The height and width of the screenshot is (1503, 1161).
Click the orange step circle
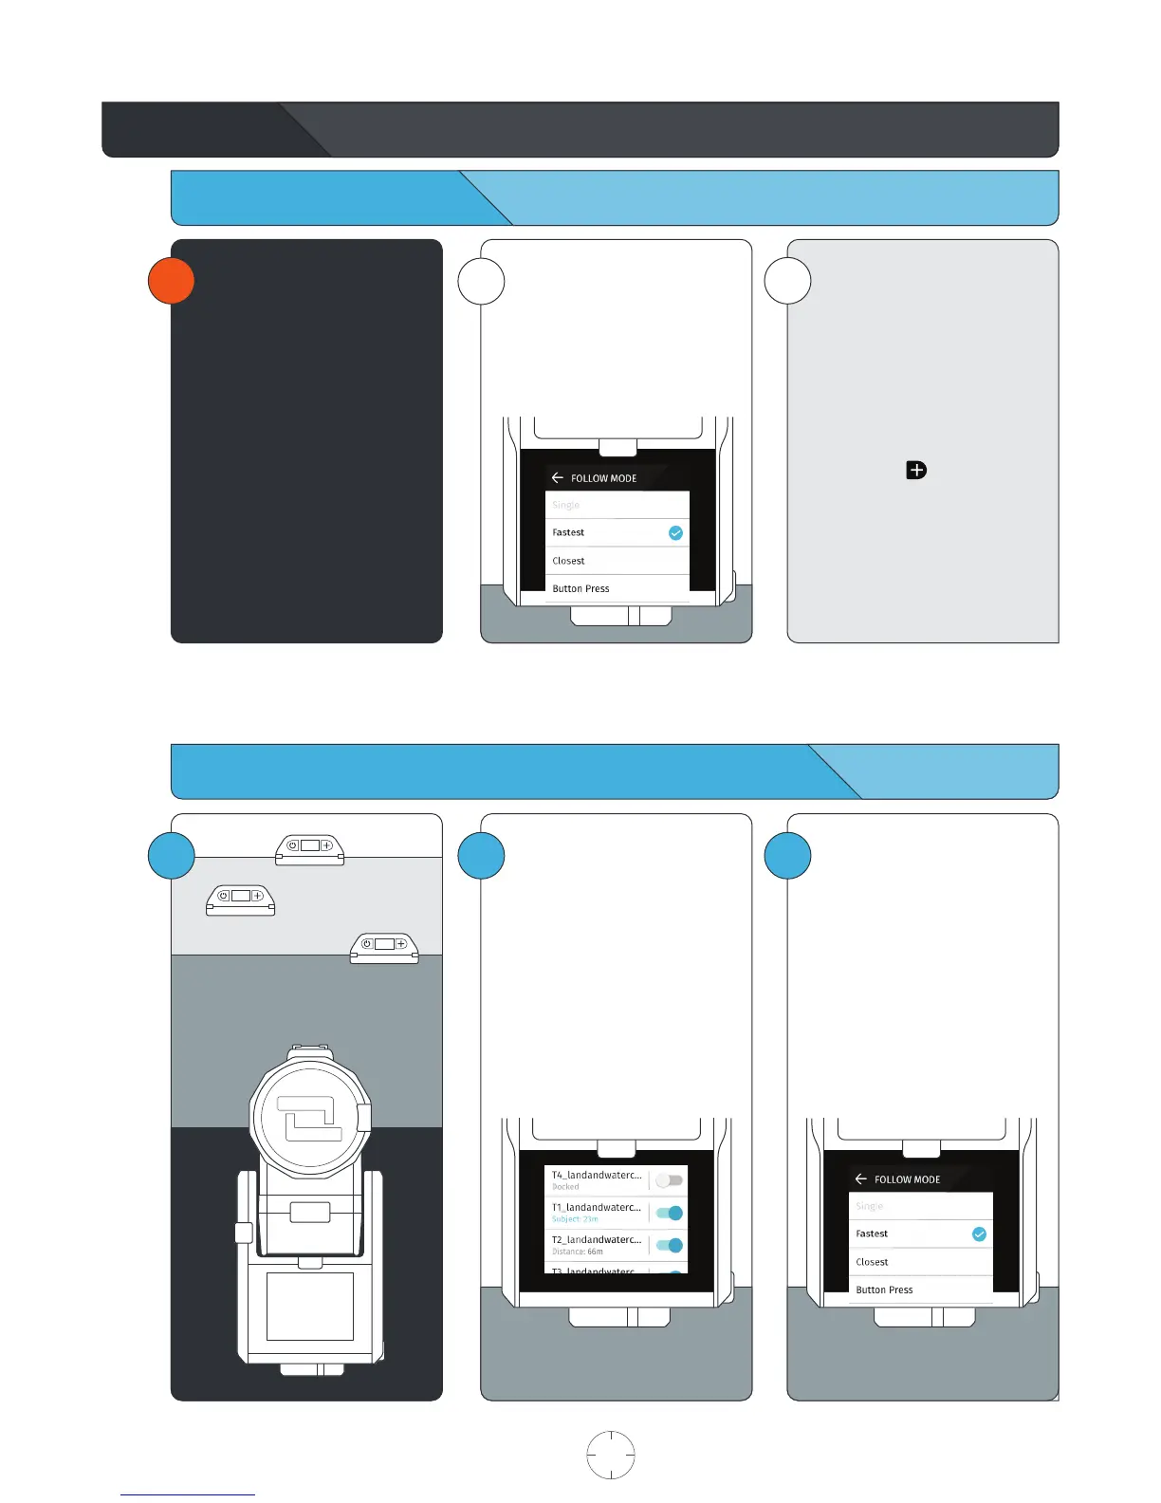172,281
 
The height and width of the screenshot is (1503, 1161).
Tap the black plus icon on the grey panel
916,470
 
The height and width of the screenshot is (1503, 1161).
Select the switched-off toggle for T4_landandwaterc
669,1180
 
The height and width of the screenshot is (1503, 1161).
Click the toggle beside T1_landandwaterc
669,1213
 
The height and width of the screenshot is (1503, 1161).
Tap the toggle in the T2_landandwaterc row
669,1245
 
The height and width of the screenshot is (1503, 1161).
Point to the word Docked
565,1187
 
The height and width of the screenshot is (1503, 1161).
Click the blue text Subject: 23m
575,1219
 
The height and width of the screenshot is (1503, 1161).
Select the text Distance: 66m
578,1252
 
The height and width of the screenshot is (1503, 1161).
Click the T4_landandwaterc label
597,1175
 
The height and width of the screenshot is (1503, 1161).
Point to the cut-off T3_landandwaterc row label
597,1271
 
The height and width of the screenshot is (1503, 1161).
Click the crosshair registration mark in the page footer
611,1455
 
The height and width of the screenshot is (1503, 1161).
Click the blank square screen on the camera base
310,1306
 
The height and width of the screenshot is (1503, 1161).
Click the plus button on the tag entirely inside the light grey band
256,895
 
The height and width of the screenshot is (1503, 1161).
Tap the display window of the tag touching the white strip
310,845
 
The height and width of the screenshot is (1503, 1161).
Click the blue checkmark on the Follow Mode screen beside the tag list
979,1234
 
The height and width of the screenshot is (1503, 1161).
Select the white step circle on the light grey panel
787,281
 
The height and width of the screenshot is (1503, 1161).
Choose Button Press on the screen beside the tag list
884,1290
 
